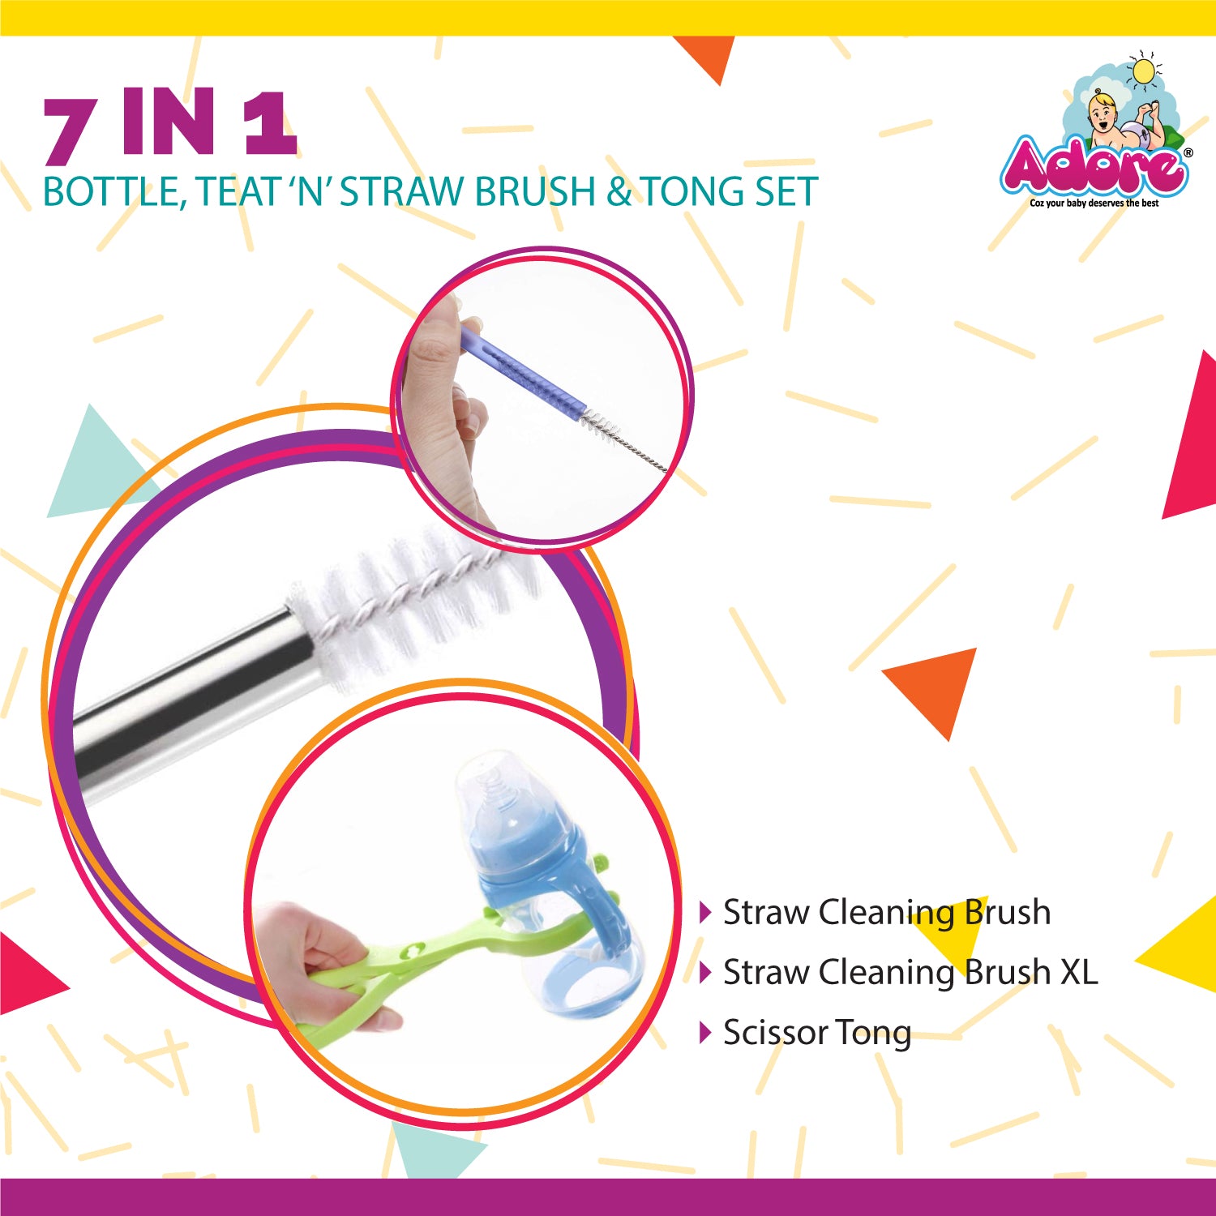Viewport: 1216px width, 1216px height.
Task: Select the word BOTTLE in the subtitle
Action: pyautogui.click(x=111, y=192)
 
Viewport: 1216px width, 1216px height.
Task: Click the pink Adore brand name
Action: pyautogui.click(x=1094, y=167)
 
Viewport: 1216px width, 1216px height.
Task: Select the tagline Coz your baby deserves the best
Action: pyautogui.click(x=1094, y=203)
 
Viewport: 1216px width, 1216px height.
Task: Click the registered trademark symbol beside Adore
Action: pyautogui.click(x=1188, y=152)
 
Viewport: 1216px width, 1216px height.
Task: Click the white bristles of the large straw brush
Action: pyautogui.click(x=413, y=600)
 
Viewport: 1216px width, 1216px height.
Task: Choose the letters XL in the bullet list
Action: pyautogui.click(x=1080, y=972)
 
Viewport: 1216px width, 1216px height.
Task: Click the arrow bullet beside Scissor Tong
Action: pyautogui.click(x=705, y=1032)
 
